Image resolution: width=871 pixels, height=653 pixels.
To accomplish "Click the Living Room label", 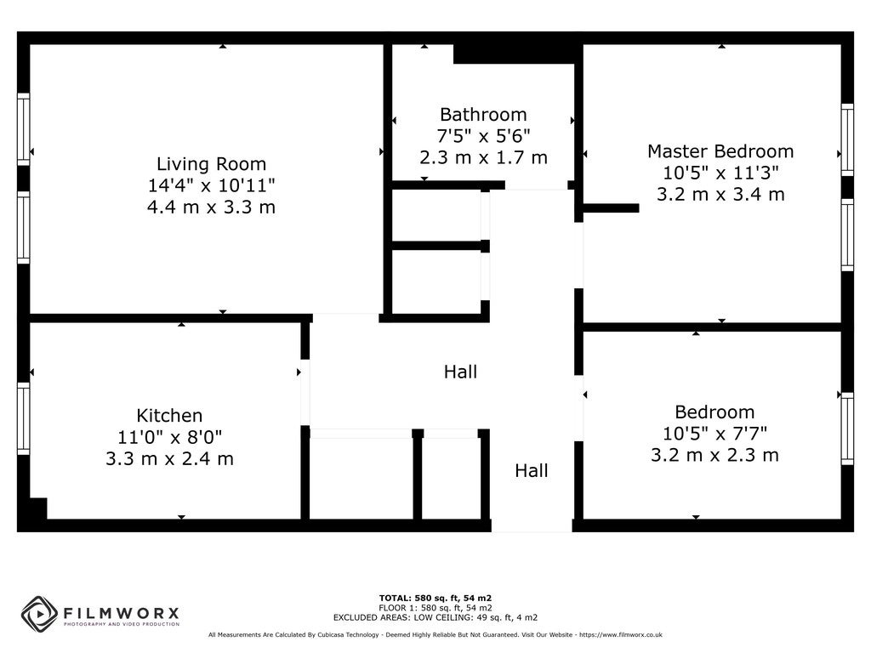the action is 211,164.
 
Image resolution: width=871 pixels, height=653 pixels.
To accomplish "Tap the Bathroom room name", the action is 483,115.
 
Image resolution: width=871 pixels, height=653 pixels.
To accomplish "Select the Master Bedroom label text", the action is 720,151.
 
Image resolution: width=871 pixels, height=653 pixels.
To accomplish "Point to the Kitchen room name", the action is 169,415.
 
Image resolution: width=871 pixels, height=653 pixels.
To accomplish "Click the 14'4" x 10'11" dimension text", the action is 211,185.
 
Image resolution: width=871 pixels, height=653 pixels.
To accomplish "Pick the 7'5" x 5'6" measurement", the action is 483,135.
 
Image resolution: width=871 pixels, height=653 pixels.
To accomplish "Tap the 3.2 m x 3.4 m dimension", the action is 720,195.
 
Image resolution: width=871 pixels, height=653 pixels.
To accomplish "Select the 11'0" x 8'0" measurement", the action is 169,437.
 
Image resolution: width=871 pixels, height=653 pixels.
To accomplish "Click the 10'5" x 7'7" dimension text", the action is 714,433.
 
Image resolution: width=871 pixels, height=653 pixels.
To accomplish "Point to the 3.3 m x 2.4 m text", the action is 169,458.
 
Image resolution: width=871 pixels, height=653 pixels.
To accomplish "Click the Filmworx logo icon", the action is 39,614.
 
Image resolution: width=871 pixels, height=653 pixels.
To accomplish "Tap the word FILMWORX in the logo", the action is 121,614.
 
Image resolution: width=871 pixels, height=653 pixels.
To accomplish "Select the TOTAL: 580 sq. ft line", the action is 435,598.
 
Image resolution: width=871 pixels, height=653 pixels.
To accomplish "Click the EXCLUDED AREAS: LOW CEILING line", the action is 435,617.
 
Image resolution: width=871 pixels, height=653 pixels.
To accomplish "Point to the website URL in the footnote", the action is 621,634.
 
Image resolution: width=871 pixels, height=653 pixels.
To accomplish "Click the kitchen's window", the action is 23,418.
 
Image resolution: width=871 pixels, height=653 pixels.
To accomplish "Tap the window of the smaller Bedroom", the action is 847,429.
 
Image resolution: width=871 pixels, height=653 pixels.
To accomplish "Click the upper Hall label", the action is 460,372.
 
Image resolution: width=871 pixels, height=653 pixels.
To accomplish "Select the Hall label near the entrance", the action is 532,471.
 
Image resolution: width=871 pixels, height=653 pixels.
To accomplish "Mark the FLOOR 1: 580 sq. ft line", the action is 435,608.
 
